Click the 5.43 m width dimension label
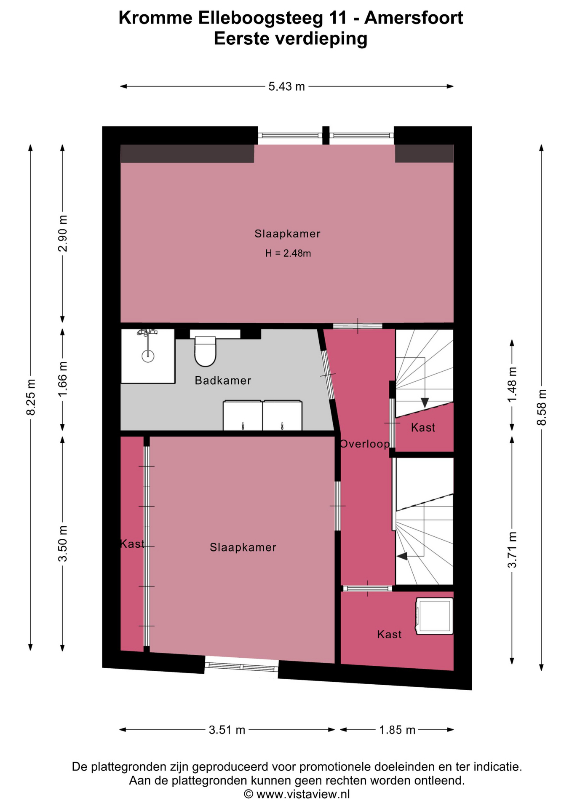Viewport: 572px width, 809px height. coord(286,86)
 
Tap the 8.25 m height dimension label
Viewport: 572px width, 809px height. coord(31,397)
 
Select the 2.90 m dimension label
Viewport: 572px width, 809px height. coord(63,233)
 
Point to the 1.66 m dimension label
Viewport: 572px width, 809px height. coord(63,379)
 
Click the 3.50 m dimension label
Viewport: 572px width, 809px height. coord(63,544)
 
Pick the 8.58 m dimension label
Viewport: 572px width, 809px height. coord(542,407)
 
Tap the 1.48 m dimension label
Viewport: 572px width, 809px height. coord(512,384)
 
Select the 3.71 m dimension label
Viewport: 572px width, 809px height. coord(512,549)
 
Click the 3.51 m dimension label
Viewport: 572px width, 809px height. coord(227,730)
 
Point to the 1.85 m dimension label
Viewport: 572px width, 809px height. coord(397,730)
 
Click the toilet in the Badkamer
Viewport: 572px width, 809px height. coord(206,351)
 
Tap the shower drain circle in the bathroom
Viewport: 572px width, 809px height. coord(148,356)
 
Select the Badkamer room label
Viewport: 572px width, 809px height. coord(223,380)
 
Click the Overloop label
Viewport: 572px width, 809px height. coord(365,444)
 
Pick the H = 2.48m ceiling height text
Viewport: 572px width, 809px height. coord(288,253)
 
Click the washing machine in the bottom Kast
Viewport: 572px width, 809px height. coord(435,616)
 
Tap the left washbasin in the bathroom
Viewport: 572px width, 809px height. coord(243,415)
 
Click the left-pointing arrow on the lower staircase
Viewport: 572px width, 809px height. coord(402,556)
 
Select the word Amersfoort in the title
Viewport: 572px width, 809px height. coord(414,18)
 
